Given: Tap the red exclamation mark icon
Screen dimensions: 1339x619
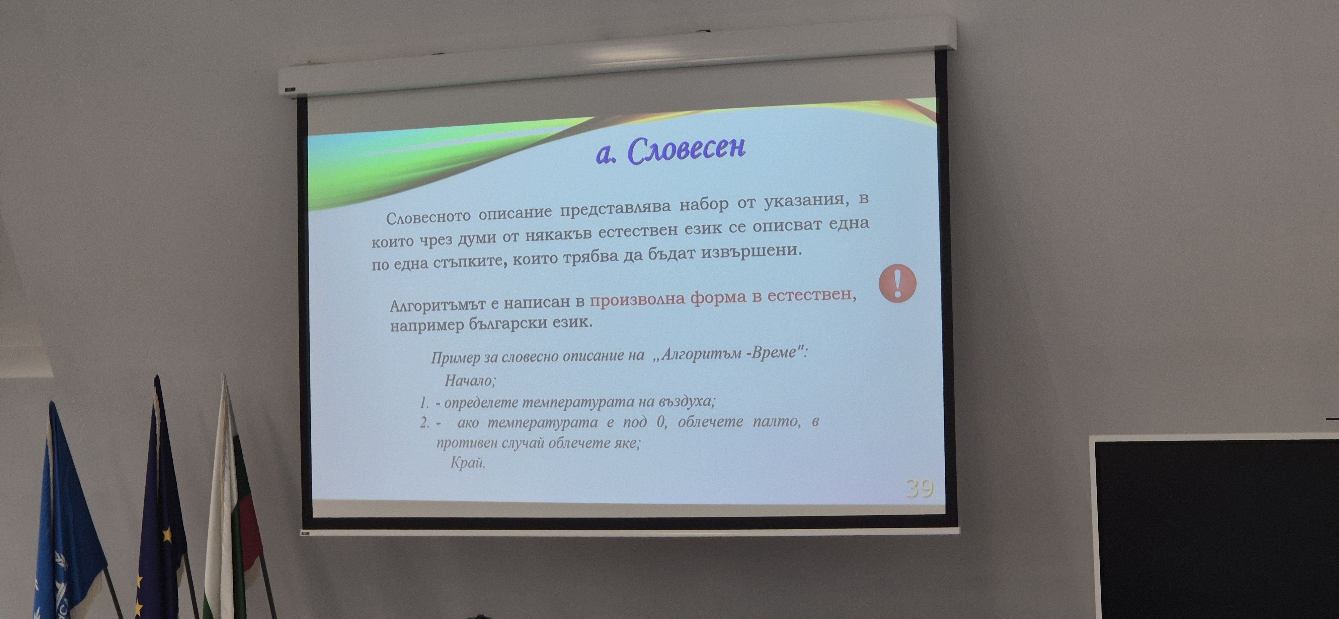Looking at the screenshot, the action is click(897, 283).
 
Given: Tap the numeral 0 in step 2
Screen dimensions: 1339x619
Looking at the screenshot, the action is click(661, 421).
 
